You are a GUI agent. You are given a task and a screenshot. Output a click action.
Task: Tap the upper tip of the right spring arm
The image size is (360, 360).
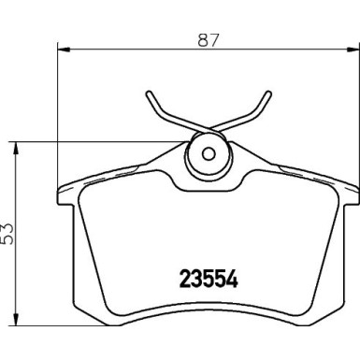pos(269,94)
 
